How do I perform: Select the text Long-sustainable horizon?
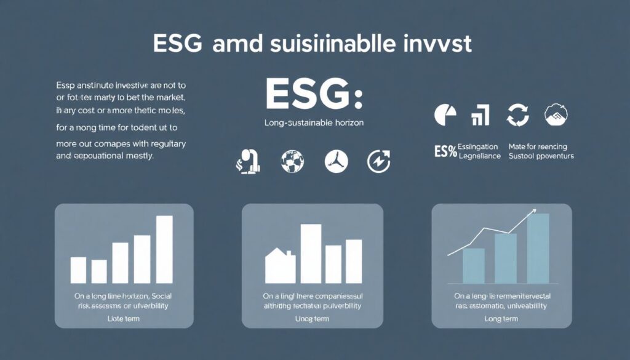314,123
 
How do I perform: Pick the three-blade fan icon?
336,161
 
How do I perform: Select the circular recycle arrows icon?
517,114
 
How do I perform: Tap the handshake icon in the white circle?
556,114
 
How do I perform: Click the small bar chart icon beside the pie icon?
480,115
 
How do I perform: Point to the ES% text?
445,151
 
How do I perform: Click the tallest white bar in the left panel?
164,249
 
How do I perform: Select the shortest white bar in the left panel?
99,271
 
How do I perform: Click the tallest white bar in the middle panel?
311,253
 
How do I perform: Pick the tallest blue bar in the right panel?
538,247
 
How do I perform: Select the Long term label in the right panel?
501,319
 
